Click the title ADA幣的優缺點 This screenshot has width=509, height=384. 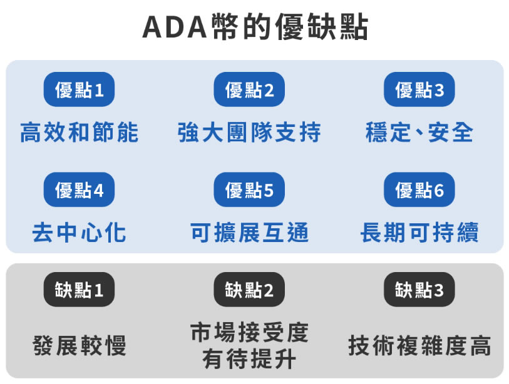(x=255, y=28)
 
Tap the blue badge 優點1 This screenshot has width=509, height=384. (x=79, y=90)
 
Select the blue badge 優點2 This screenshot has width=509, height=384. (x=249, y=90)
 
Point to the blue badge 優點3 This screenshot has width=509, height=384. (x=419, y=90)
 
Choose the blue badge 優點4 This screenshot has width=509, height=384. (x=79, y=190)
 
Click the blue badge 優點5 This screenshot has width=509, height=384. (x=249, y=190)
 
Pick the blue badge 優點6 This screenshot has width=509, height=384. (x=419, y=190)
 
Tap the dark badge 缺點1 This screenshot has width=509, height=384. (x=79, y=290)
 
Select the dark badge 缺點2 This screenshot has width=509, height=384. (x=249, y=290)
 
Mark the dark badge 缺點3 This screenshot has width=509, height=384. (x=419, y=290)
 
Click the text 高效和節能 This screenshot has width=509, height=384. (x=79, y=133)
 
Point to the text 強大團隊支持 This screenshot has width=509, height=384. (x=249, y=133)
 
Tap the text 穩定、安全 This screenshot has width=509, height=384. (x=419, y=133)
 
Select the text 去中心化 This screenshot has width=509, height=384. (x=79, y=233)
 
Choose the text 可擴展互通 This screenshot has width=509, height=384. (x=249, y=233)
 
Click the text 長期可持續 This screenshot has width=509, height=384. (x=419, y=233)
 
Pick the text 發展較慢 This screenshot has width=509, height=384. (x=79, y=345)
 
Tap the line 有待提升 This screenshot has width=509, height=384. (x=249, y=359)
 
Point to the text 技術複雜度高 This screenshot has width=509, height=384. (x=419, y=345)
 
